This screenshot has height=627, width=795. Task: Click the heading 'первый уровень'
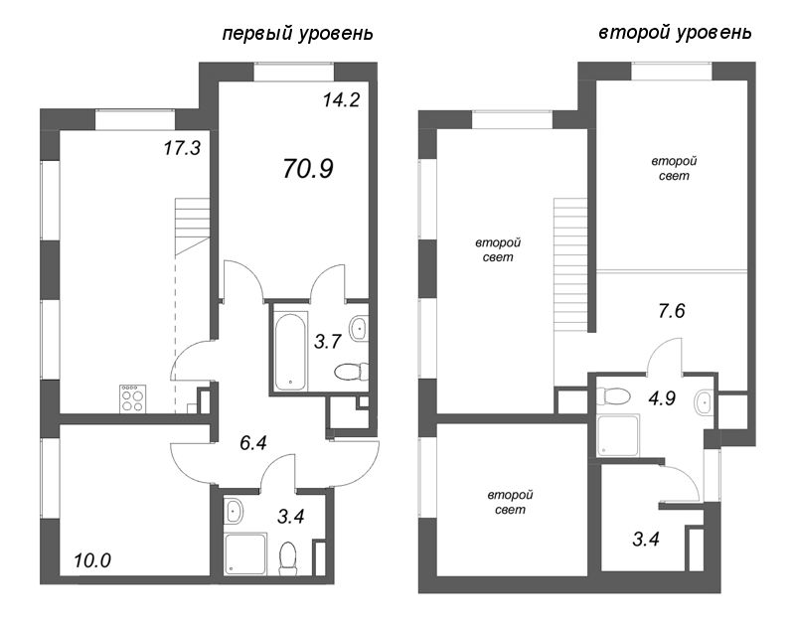297,34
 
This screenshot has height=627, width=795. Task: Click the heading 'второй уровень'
675,33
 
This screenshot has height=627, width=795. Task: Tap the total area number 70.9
307,168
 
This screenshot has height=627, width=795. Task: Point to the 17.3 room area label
182,149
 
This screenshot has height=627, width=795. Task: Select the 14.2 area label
339,98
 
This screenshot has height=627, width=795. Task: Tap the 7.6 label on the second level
673,311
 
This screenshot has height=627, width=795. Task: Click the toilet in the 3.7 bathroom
350,373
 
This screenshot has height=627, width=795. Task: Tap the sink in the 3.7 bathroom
360,329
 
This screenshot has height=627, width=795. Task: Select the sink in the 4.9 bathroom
704,402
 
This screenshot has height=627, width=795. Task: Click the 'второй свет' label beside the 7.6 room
673,168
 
